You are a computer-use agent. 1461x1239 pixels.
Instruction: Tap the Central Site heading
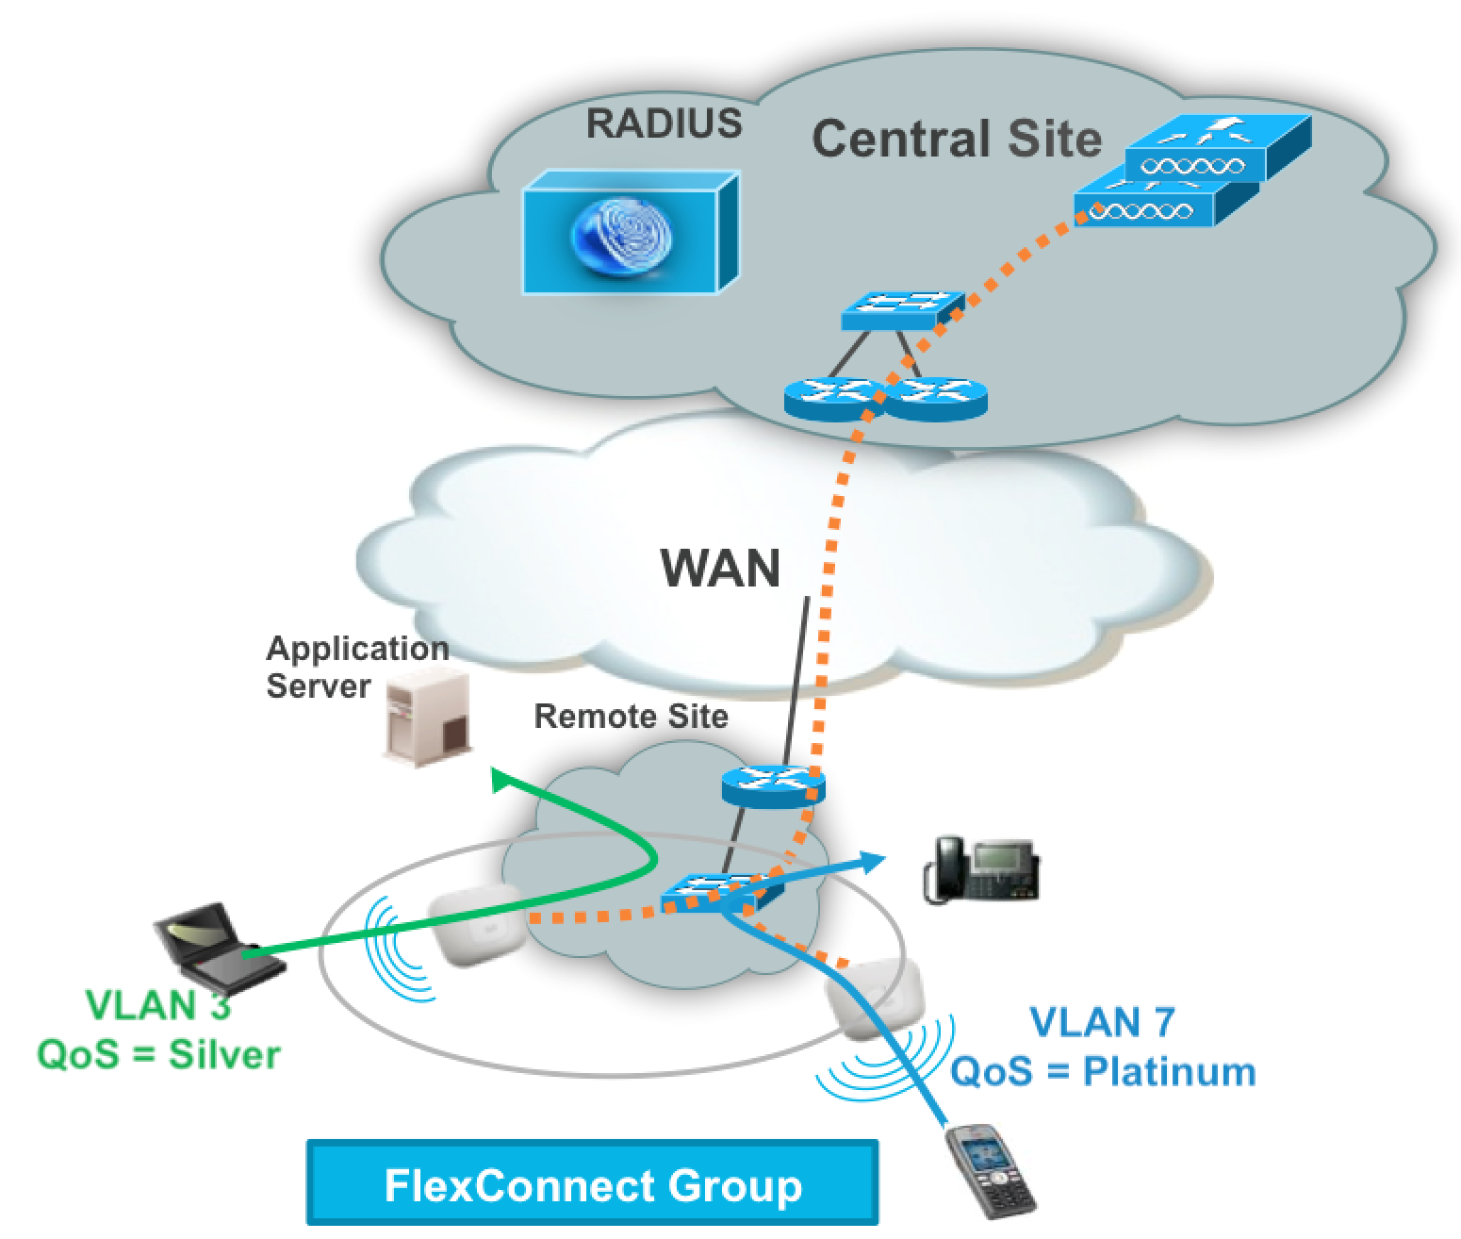tap(956, 139)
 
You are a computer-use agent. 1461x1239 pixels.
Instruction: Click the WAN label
tap(721, 568)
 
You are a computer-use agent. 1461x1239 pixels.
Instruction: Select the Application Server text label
tap(356, 667)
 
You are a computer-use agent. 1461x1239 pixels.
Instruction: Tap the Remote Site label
tap(631, 717)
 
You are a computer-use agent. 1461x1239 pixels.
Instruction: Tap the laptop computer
tap(218, 943)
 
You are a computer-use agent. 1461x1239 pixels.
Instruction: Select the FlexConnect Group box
tap(592, 1183)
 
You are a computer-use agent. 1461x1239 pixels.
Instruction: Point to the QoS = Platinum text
tap(1102, 1071)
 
